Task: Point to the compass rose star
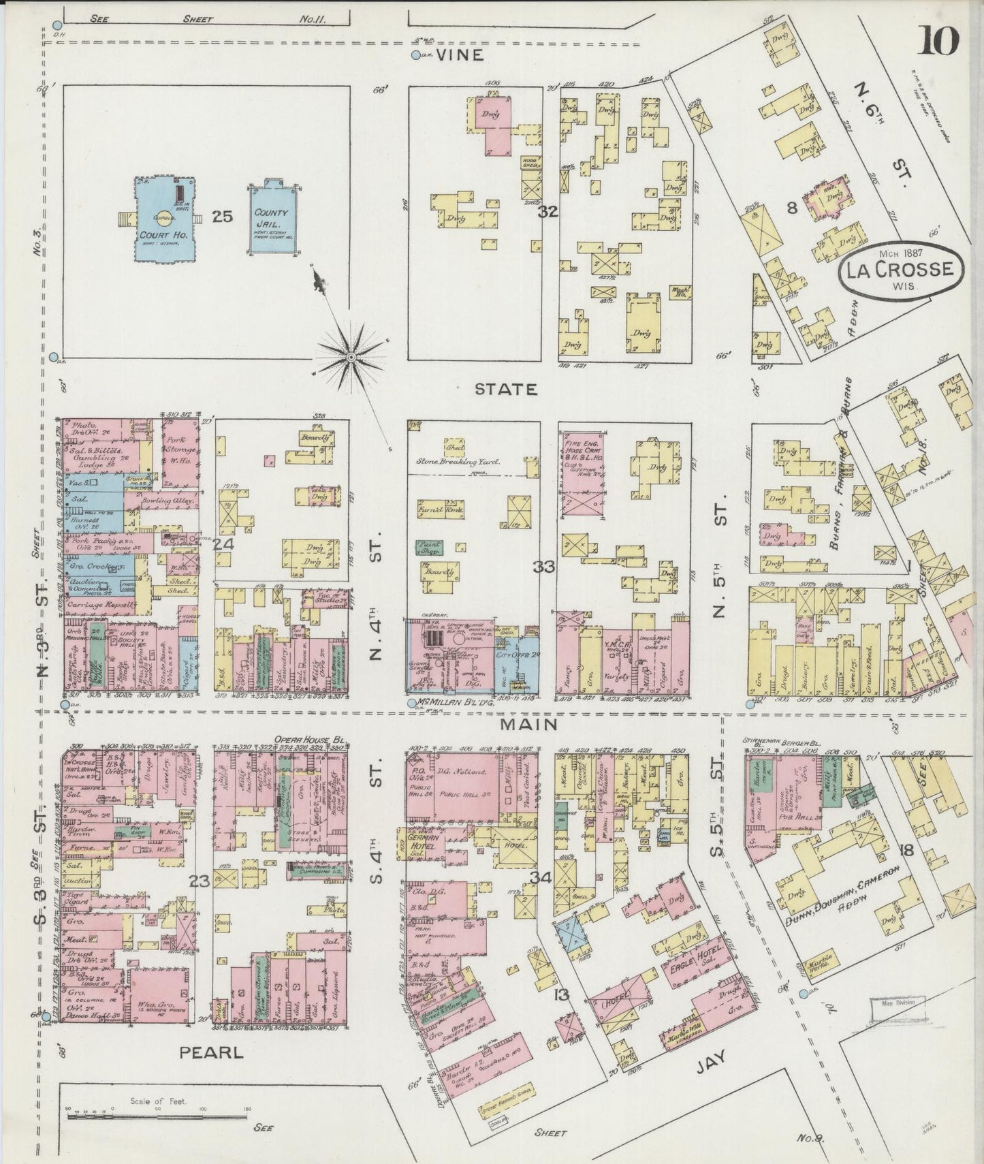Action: click(350, 356)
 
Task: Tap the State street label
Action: click(505, 389)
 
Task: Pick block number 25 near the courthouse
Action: click(222, 217)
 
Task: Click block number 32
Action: click(547, 212)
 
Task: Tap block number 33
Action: click(545, 566)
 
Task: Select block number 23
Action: click(199, 881)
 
